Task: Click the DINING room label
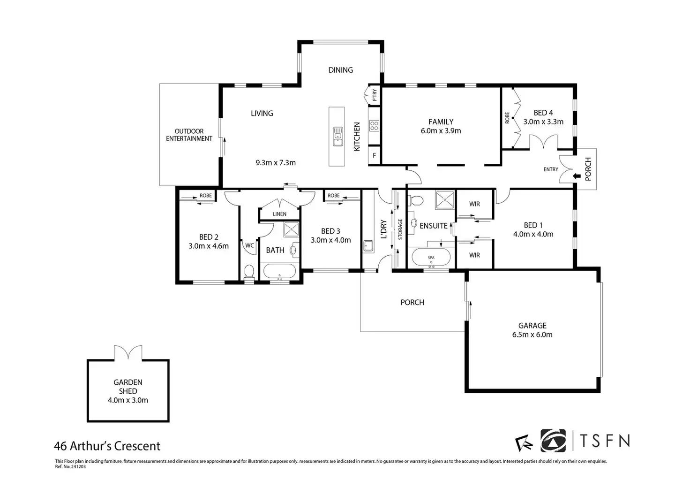(x=340, y=70)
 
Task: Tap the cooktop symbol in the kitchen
(x=374, y=126)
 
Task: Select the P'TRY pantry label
(x=375, y=95)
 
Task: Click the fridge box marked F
(x=374, y=155)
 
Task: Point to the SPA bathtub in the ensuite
(x=431, y=257)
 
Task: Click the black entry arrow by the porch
(x=577, y=176)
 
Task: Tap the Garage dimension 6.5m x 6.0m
(x=532, y=335)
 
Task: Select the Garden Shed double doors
(x=128, y=353)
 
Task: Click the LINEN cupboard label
(x=279, y=214)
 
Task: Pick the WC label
(x=249, y=245)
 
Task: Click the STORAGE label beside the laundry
(x=400, y=229)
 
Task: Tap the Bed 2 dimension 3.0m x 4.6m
(x=209, y=246)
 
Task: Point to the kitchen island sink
(x=337, y=136)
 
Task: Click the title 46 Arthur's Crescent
(x=107, y=446)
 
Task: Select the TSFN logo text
(x=605, y=441)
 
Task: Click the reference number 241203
(x=78, y=467)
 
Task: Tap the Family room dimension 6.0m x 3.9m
(x=441, y=131)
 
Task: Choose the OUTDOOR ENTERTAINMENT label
(x=189, y=135)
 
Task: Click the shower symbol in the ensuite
(x=445, y=199)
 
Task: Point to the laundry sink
(x=368, y=246)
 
